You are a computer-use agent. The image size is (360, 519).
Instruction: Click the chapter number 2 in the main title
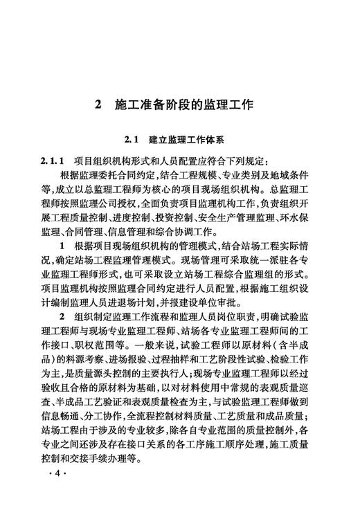click(99, 105)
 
